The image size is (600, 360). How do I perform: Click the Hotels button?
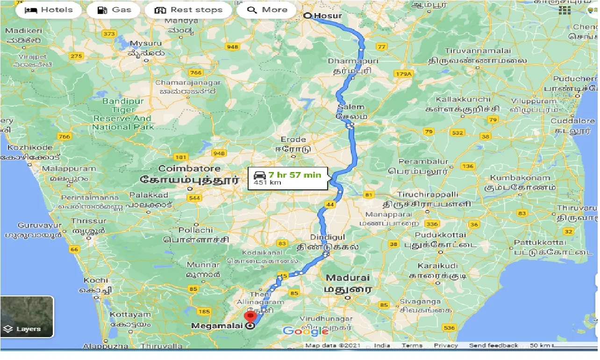(x=49, y=10)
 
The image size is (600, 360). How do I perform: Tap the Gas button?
(x=114, y=10)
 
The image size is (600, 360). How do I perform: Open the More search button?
(x=267, y=10)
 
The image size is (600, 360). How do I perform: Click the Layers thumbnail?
(x=27, y=317)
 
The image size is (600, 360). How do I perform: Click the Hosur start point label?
(x=328, y=15)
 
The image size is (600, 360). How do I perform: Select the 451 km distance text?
(x=267, y=183)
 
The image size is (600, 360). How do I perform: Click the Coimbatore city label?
(x=189, y=168)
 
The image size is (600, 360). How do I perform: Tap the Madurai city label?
(x=347, y=278)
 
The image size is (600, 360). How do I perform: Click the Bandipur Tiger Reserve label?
(x=123, y=114)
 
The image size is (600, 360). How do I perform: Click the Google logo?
(x=305, y=331)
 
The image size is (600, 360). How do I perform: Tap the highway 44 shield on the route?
(x=330, y=204)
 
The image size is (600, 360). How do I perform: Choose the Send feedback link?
(x=493, y=346)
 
